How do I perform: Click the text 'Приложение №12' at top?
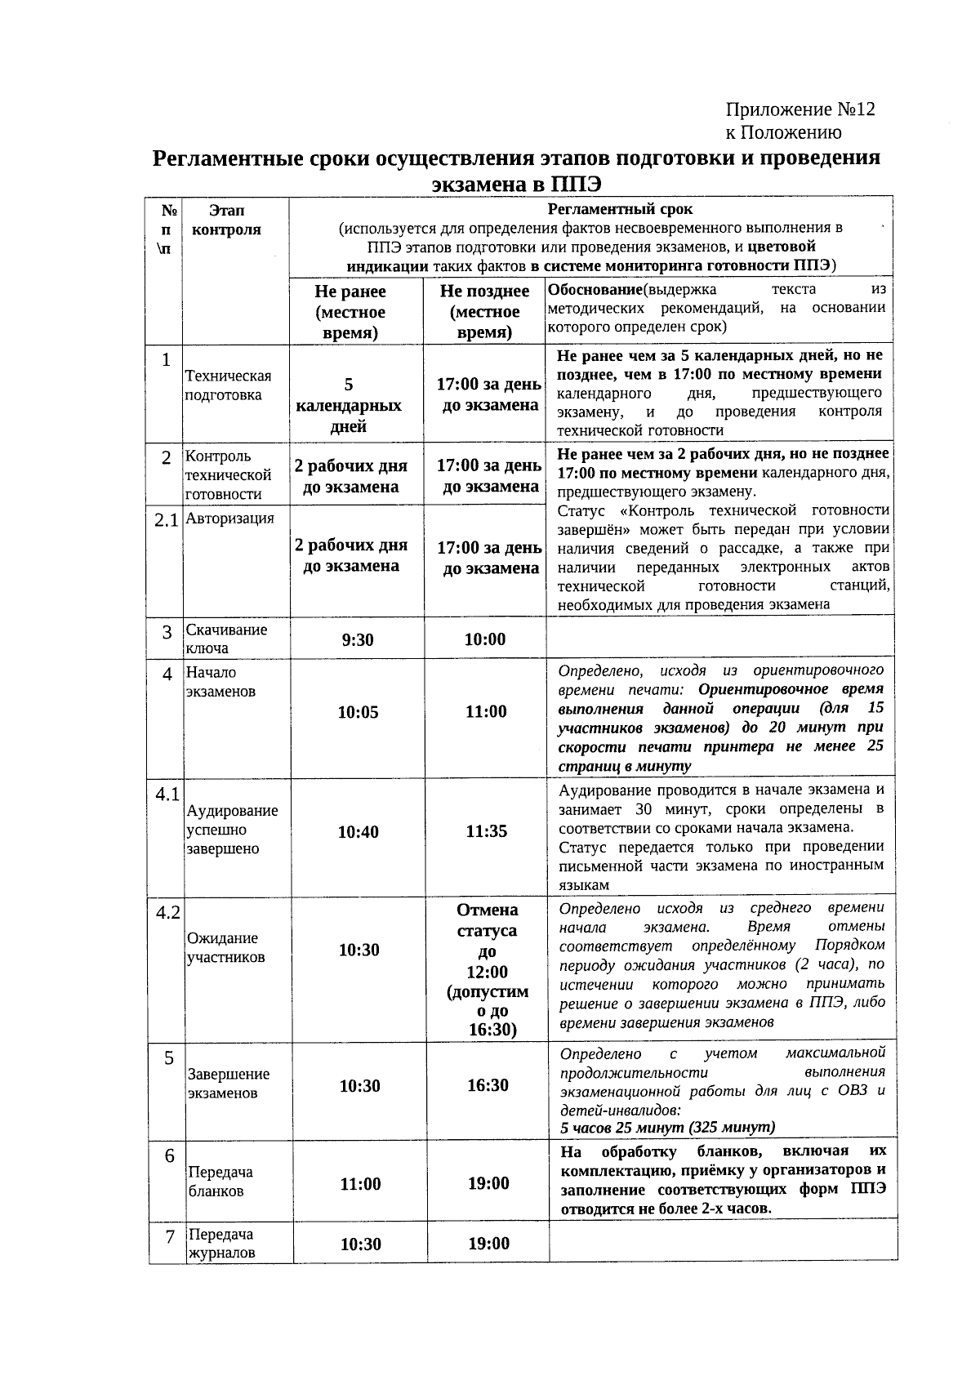point(800,109)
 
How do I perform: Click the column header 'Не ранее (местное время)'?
point(350,312)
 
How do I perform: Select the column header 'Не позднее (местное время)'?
point(484,312)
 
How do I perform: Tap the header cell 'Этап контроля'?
point(226,220)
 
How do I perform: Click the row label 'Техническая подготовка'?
point(227,385)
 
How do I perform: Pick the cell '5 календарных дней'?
point(349,405)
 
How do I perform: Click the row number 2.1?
point(166,520)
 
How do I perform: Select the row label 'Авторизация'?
point(229,519)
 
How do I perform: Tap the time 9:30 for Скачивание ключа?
point(358,639)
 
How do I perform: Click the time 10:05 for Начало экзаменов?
point(359,712)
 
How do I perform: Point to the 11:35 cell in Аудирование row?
point(487,831)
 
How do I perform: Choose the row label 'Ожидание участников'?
point(226,947)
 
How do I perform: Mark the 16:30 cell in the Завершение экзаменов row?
point(488,1085)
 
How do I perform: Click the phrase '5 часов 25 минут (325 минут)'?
point(667,1128)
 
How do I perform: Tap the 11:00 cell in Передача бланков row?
point(360,1184)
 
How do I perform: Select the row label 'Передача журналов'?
point(220,1243)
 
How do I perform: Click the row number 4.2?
point(167,912)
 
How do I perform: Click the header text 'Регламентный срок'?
point(620,209)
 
